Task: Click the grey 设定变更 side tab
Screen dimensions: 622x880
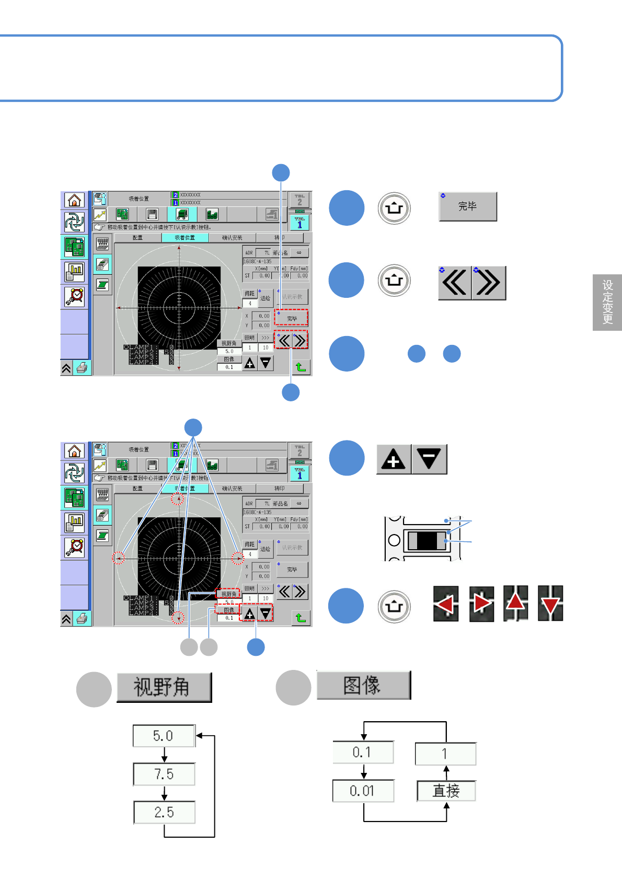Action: (x=607, y=302)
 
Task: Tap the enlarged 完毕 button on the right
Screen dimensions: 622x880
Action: (x=468, y=206)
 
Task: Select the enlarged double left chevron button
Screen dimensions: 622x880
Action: (x=455, y=283)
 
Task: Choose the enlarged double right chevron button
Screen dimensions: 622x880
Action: (x=489, y=283)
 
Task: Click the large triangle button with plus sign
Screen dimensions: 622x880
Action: (x=394, y=459)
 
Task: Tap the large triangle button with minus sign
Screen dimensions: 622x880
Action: (x=429, y=459)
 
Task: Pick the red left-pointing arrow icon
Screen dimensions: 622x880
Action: (x=446, y=604)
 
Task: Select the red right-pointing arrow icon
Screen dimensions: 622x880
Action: (x=481, y=604)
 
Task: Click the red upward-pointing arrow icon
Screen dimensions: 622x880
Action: (x=516, y=603)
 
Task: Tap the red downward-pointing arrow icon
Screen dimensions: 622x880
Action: (x=550, y=604)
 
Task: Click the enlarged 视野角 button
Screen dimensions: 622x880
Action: (x=164, y=687)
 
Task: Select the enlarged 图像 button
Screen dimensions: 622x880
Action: (x=363, y=685)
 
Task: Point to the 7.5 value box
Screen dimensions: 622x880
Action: (x=164, y=774)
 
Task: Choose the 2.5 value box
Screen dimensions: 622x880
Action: (x=164, y=812)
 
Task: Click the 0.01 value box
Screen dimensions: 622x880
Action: (x=363, y=791)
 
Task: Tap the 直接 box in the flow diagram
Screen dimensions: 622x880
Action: (x=446, y=791)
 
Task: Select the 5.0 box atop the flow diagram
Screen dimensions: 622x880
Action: (x=164, y=736)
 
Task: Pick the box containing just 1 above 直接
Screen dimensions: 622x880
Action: (x=445, y=754)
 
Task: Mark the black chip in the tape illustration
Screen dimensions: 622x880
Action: (x=427, y=540)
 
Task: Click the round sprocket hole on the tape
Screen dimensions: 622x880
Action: (x=394, y=540)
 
